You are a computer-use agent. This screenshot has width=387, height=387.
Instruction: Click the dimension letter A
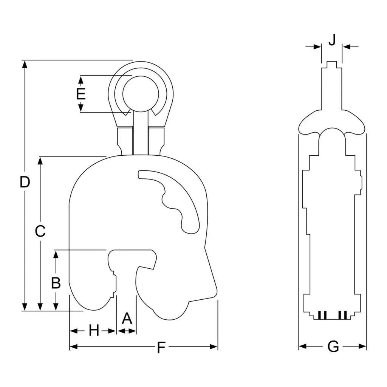(x=127, y=318)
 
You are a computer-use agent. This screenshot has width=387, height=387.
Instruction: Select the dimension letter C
(x=40, y=231)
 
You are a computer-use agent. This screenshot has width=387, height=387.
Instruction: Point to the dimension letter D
(x=25, y=182)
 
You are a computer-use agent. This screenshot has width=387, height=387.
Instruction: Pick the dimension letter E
(x=81, y=94)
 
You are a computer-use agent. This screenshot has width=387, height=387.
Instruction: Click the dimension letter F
(x=161, y=348)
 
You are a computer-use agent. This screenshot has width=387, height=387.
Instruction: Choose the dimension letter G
(x=333, y=347)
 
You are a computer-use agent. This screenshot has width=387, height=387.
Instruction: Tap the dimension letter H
(x=94, y=330)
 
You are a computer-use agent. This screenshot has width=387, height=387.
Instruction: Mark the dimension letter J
(x=332, y=40)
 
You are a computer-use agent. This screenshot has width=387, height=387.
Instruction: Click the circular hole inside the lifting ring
(x=141, y=94)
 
